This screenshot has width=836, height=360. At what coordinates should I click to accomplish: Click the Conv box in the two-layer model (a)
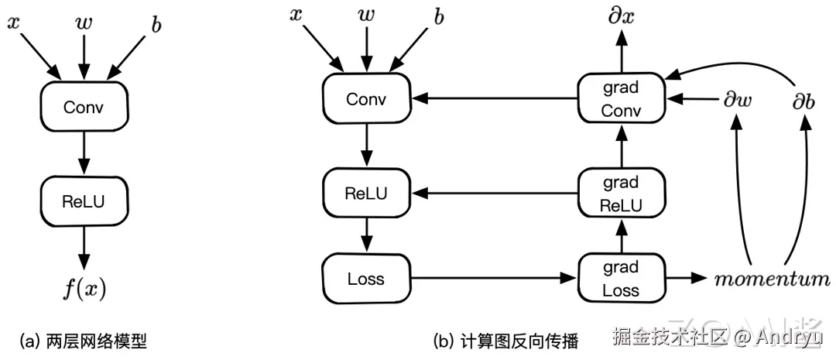pos(84,107)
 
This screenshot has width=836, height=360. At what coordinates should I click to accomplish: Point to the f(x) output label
pos(84,290)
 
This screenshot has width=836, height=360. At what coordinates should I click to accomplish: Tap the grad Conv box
pos(621,99)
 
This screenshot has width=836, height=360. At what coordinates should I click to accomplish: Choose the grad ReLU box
pos(621,194)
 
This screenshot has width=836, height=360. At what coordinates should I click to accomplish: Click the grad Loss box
pos(621,279)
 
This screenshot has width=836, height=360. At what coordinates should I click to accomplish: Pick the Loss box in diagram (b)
pos(365,278)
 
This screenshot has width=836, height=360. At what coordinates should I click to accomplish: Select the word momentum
pos(771,279)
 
